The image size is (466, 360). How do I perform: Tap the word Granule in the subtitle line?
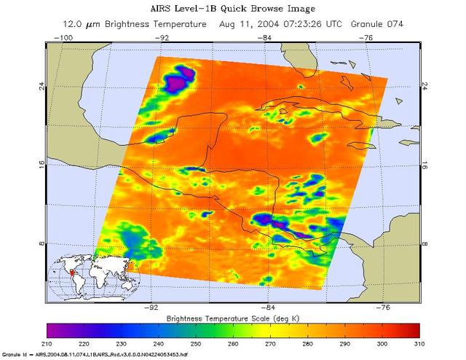point(350,24)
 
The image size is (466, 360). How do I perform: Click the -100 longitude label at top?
point(66,37)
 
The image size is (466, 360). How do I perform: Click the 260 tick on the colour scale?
point(233,343)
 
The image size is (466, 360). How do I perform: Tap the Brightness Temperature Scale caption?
point(233,319)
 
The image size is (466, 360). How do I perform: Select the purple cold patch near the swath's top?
point(177,80)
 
